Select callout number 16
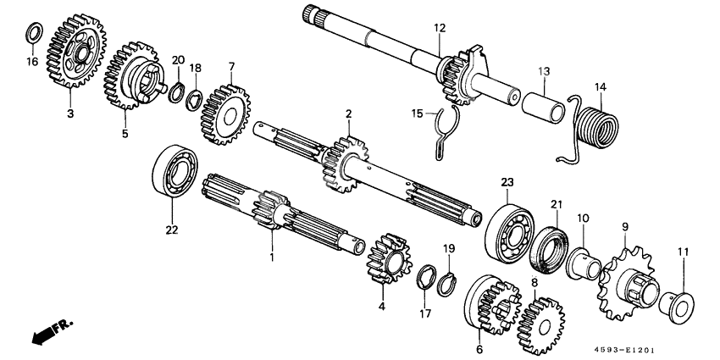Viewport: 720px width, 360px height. click(x=31, y=62)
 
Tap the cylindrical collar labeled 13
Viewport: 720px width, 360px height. click(x=543, y=108)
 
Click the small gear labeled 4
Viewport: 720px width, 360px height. click(x=389, y=259)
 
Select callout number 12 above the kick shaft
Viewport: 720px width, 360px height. click(x=440, y=29)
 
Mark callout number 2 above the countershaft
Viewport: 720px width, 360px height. click(x=347, y=114)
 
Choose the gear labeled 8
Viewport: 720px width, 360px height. click(x=542, y=323)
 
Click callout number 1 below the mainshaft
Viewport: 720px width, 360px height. click(x=272, y=255)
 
